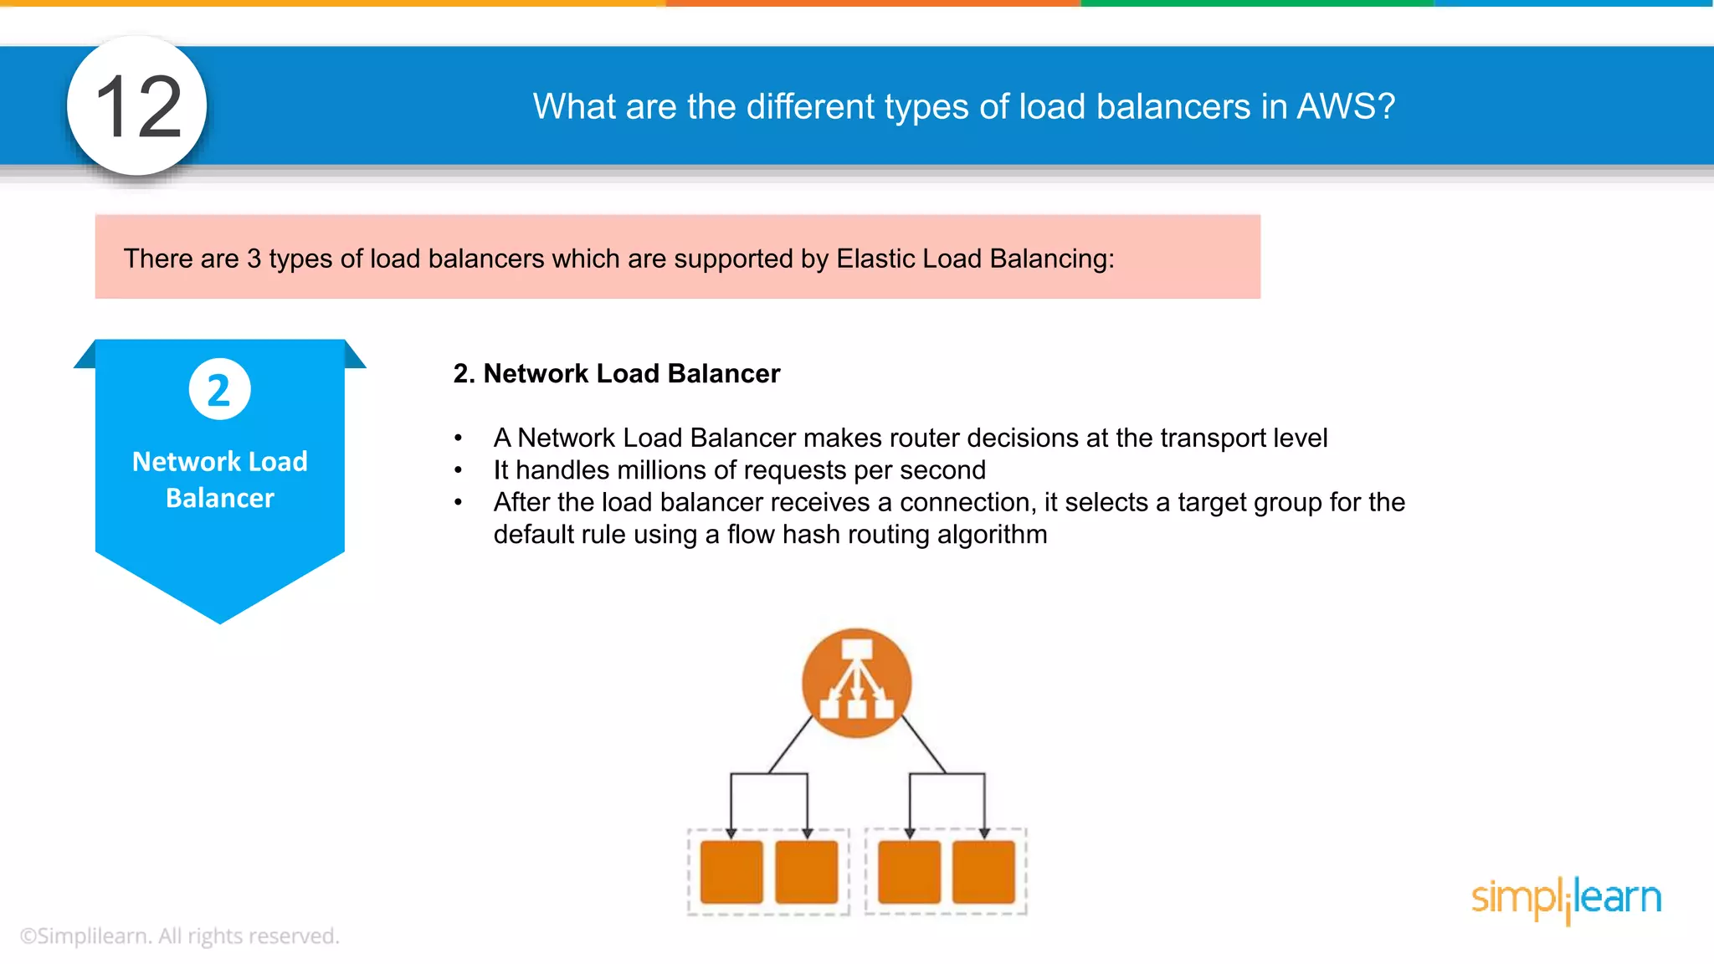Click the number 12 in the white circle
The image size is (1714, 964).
138,106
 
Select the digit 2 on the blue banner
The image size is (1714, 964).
219,390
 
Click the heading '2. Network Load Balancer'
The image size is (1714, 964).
616,373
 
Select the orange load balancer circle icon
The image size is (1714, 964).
856,683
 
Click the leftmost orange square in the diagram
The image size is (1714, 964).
731,872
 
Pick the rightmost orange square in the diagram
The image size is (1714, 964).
983,872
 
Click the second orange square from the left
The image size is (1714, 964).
806,872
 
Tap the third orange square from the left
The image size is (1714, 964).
909,872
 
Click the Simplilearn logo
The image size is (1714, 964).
1566,899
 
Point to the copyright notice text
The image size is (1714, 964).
179,936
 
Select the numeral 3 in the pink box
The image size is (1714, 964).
254,259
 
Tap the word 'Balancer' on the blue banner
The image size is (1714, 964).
220,498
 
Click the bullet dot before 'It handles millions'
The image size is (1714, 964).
458,471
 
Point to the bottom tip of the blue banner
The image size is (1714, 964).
220,621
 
